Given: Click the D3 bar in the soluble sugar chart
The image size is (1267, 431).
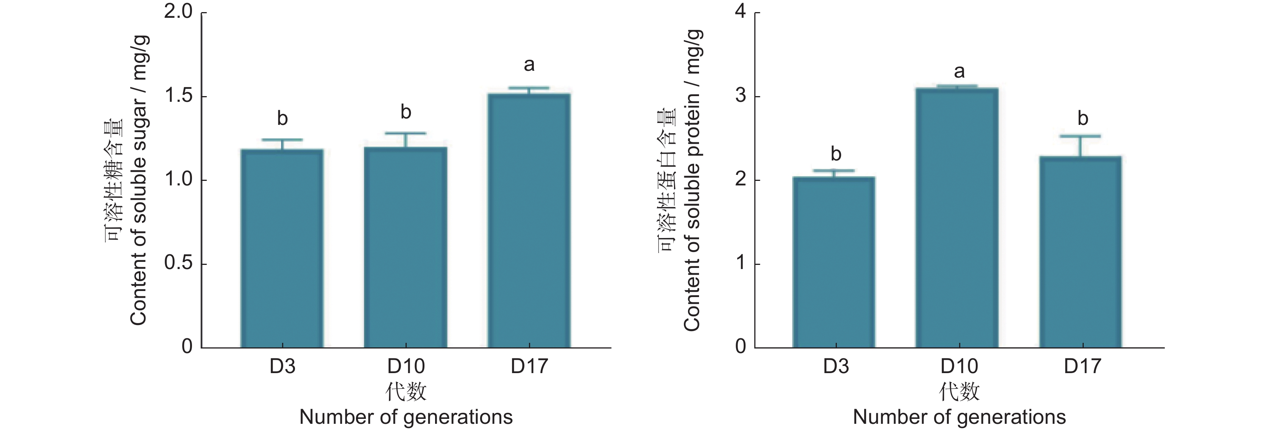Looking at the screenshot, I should click(282, 248).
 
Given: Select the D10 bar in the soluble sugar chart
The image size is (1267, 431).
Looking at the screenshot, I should click(405, 247).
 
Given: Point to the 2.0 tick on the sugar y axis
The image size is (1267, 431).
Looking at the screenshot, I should click(178, 12).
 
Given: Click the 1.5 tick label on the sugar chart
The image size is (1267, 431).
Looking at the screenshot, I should click(178, 96).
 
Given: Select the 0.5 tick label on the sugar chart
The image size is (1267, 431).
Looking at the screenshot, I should click(178, 263).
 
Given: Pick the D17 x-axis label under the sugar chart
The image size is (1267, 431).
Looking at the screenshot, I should click(529, 367).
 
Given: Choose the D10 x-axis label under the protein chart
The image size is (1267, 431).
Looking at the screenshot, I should click(959, 367).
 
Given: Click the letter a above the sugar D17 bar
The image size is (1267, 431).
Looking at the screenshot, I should click(529, 65).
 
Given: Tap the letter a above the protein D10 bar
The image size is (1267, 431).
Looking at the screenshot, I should click(959, 72).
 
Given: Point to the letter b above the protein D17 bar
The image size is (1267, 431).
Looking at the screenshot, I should click(1082, 118).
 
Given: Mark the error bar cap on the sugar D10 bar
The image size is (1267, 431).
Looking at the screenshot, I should click(405, 133).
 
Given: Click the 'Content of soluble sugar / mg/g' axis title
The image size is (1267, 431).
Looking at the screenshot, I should click(139, 180).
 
